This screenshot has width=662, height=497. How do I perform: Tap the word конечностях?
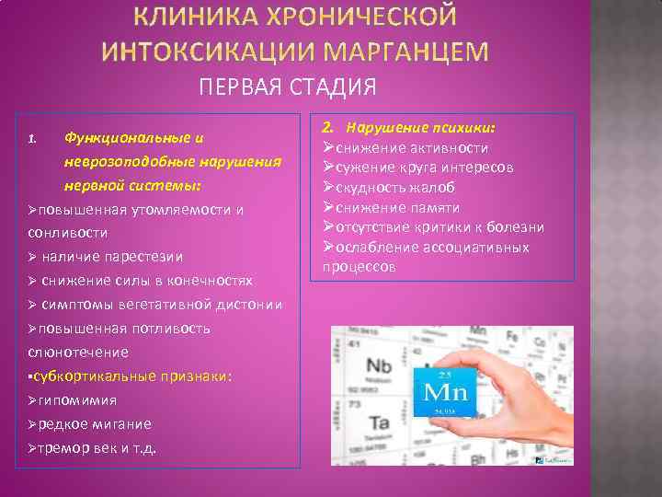coord(208,280)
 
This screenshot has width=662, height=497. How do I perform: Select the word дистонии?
coord(247,305)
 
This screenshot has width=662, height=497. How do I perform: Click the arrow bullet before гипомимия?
coord(33,400)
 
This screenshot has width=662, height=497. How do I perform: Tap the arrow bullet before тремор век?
coord(33,448)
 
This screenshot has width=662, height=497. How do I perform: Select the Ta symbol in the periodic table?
coord(380,424)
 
